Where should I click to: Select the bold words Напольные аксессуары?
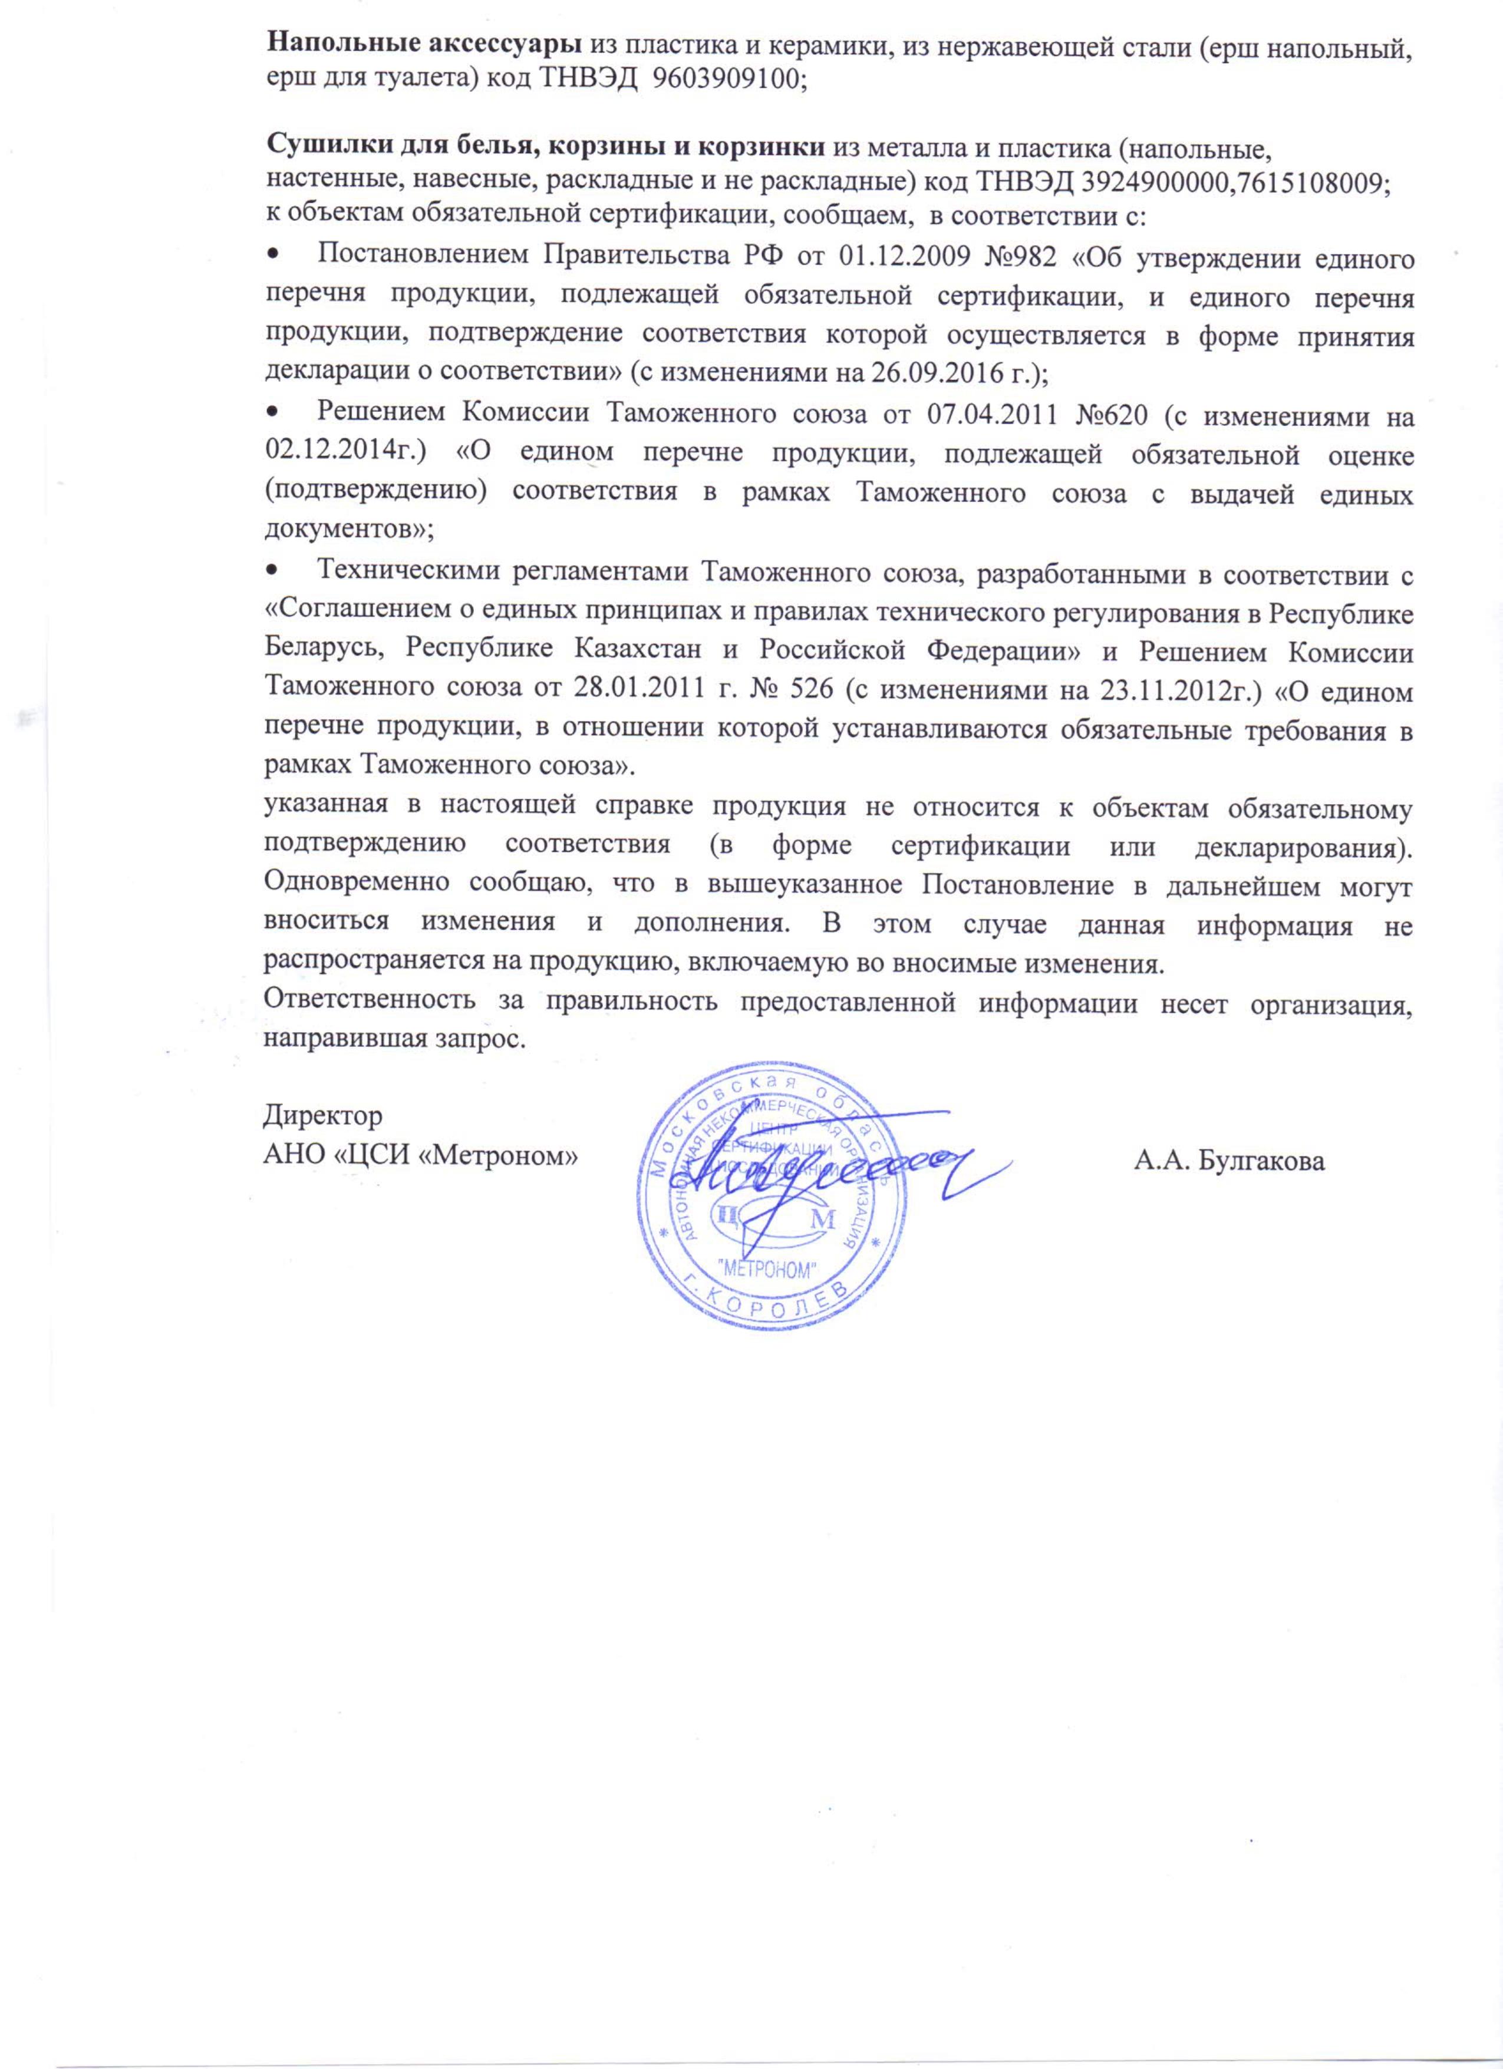click(x=423, y=43)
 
